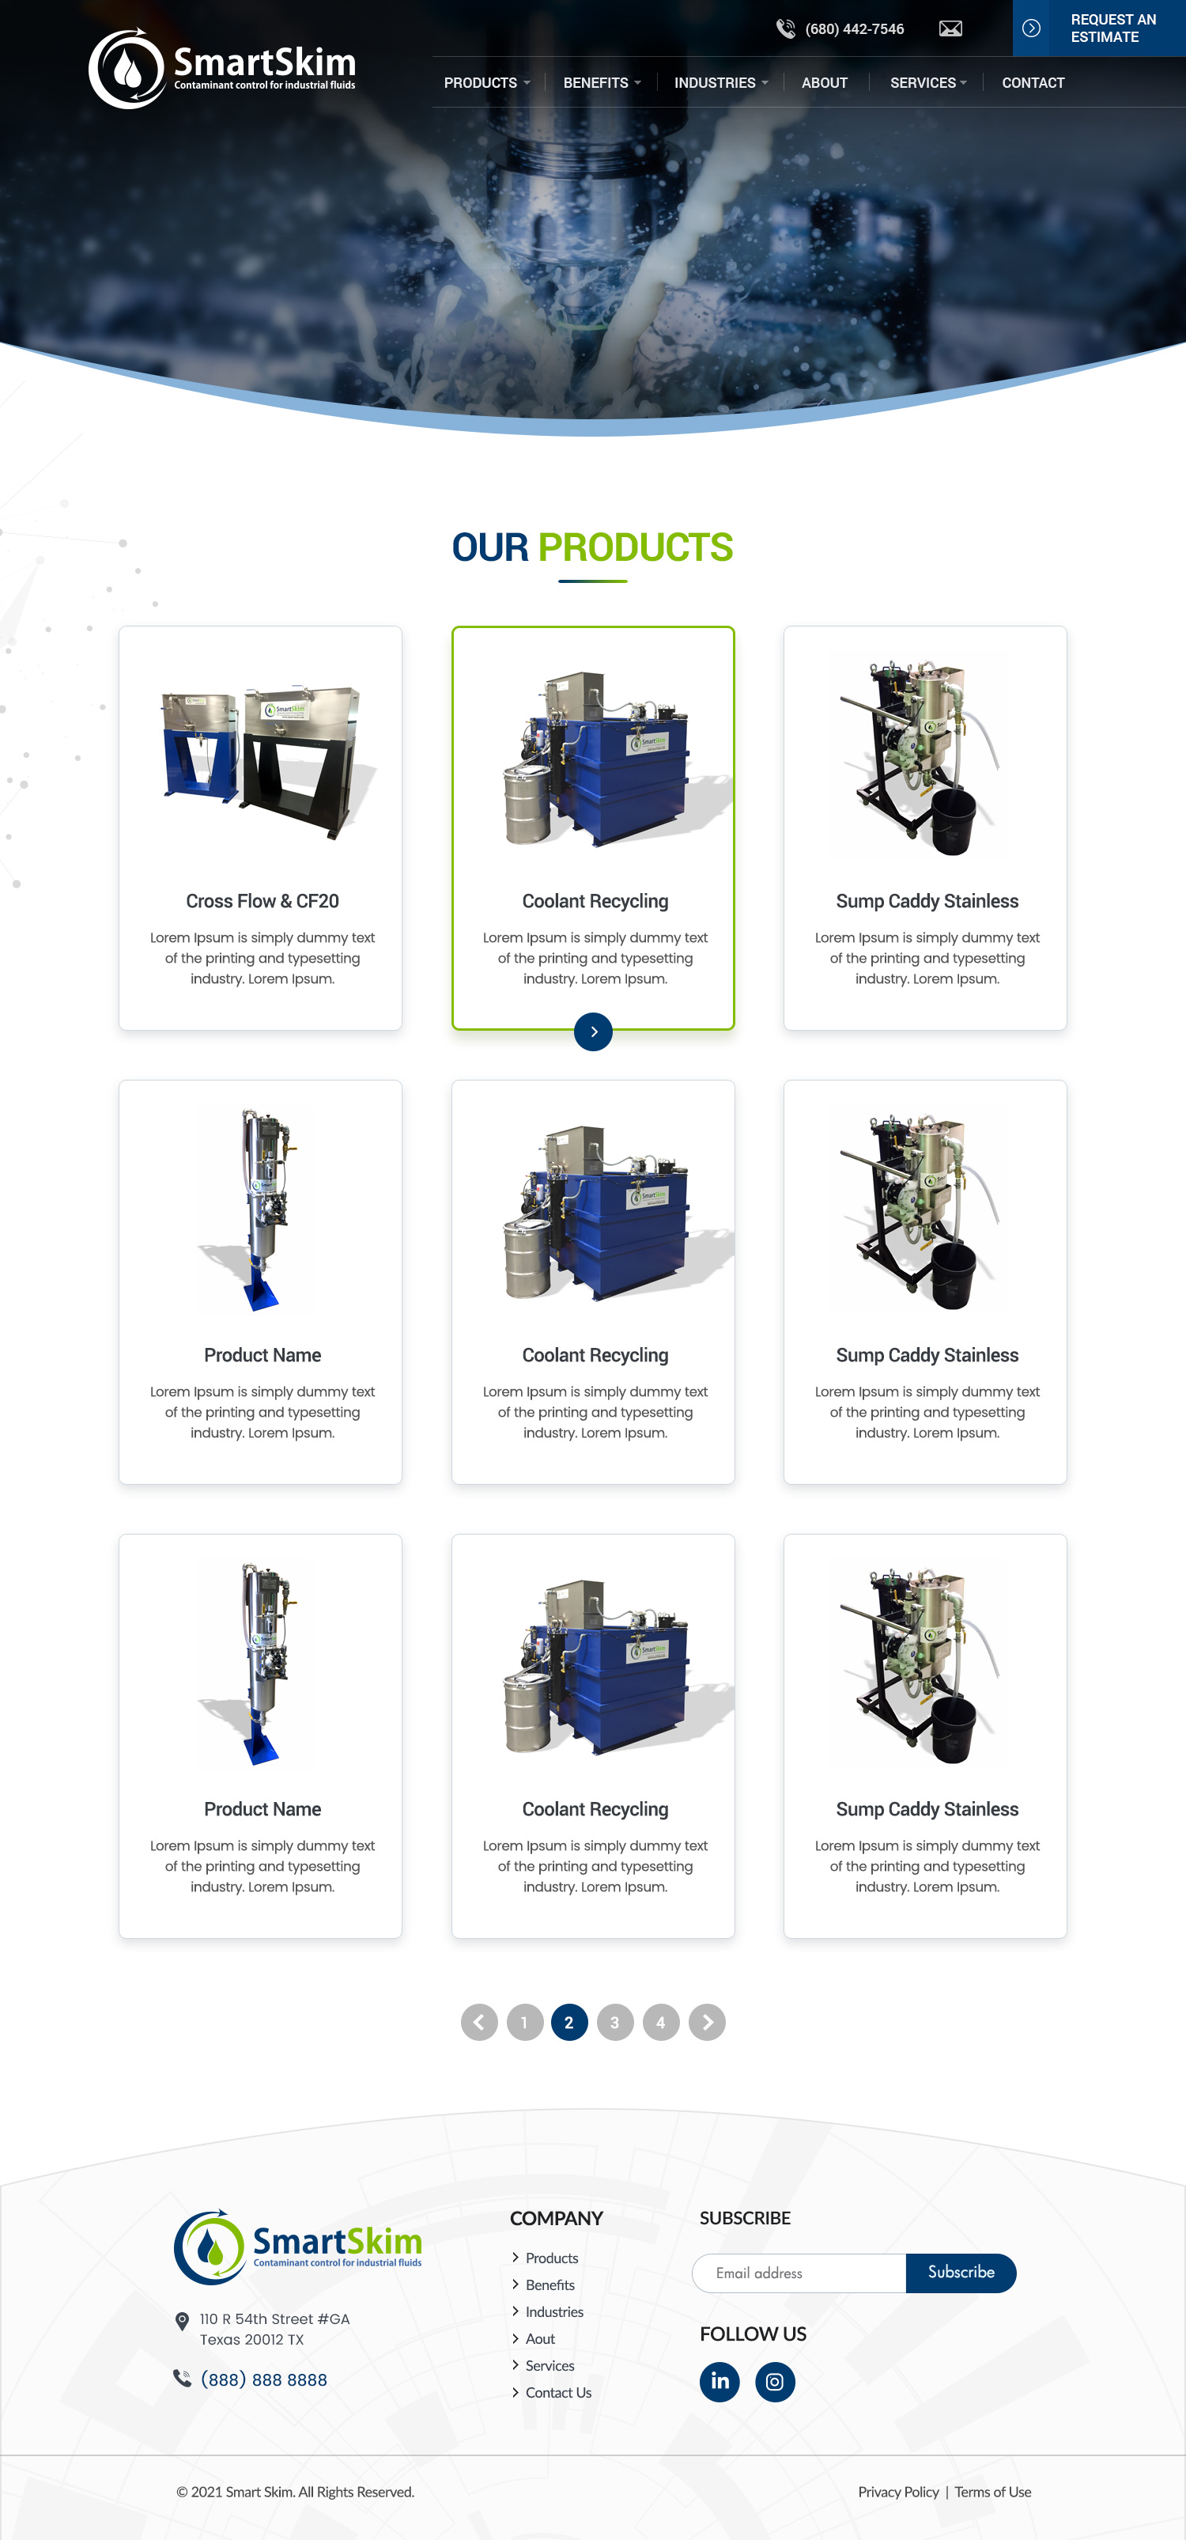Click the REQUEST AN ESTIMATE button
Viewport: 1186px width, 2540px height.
1098,28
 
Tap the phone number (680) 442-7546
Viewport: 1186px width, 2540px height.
854,29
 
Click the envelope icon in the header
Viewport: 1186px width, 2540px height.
950,28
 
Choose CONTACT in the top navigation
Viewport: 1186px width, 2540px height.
1032,83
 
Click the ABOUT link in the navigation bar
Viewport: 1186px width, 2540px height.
824,83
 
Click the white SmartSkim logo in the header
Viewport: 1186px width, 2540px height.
223,68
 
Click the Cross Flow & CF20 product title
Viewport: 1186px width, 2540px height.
263,901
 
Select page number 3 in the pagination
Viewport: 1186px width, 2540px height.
615,2023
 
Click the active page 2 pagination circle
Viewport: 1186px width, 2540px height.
568,2023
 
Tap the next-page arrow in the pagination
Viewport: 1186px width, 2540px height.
707,2023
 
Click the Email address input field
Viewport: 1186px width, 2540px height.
799,2273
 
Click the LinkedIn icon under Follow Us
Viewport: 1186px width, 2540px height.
720,2381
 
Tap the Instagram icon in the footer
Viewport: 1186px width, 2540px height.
775,2381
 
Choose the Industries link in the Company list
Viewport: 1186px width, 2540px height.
554,2311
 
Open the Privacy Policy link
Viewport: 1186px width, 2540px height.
898,2492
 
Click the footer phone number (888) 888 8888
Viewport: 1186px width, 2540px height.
263,2379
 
